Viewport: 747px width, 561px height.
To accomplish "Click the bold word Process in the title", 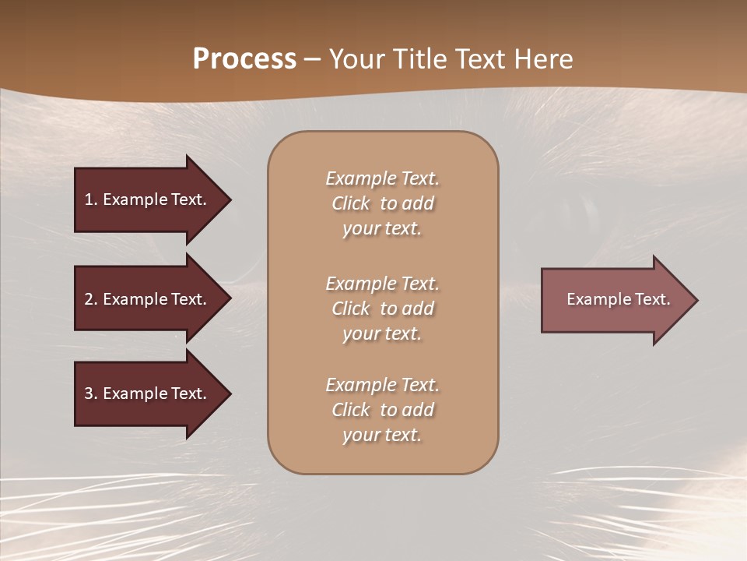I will tap(244, 59).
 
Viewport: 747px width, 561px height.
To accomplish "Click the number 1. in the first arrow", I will tap(90, 199).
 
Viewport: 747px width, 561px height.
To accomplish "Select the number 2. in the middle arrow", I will tap(90, 299).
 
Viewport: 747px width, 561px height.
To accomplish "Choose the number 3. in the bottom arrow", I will tap(90, 393).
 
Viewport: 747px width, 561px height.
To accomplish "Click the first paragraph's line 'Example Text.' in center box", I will tap(382, 178).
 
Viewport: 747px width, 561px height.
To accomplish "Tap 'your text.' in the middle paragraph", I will tap(382, 333).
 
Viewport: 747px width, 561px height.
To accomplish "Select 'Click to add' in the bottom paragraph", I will tap(382, 410).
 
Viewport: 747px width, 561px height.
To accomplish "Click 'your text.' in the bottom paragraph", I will tap(382, 435).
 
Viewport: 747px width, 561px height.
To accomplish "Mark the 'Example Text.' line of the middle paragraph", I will tap(382, 284).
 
